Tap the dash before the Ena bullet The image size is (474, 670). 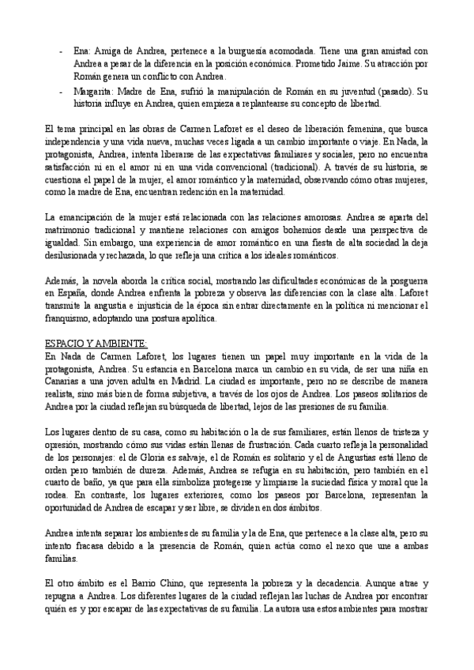[x=62, y=49]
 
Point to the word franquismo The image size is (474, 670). [x=67, y=319]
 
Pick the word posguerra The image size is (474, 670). [x=403, y=281]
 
